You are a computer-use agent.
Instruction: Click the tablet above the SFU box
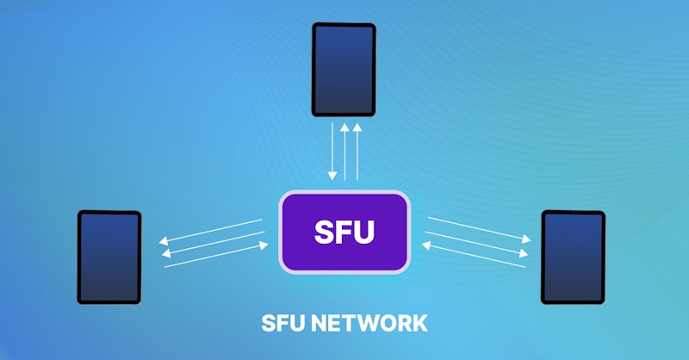pyautogui.click(x=344, y=69)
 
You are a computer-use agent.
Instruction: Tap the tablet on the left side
pyautogui.click(x=109, y=257)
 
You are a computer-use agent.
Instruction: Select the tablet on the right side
pyautogui.click(x=573, y=257)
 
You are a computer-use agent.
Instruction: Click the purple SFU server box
pyautogui.click(x=344, y=232)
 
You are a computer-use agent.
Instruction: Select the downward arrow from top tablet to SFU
pyautogui.click(x=332, y=152)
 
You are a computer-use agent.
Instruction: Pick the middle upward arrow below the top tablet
pyautogui.click(x=344, y=152)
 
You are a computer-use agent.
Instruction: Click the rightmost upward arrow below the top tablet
pyautogui.click(x=357, y=152)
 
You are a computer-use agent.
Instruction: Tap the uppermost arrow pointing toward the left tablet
pyautogui.click(x=210, y=232)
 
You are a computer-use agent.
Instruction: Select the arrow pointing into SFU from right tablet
pyautogui.click(x=474, y=255)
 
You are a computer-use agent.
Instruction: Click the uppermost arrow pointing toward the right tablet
pyautogui.click(x=477, y=229)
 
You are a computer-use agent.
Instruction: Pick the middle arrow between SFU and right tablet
pyautogui.click(x=477, y=242)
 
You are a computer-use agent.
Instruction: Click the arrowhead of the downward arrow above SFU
pyautogui.click(x=332, y=177)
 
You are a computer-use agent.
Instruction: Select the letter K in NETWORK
pyautogui.click(x=419, y=323)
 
